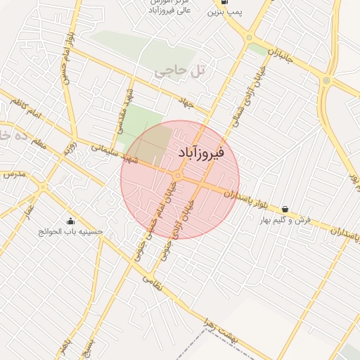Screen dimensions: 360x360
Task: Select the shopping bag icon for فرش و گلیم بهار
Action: coord(285,209)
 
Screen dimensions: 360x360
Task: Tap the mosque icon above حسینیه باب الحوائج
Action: coord(70,221)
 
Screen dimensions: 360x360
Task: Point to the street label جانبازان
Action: coord(280,53)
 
